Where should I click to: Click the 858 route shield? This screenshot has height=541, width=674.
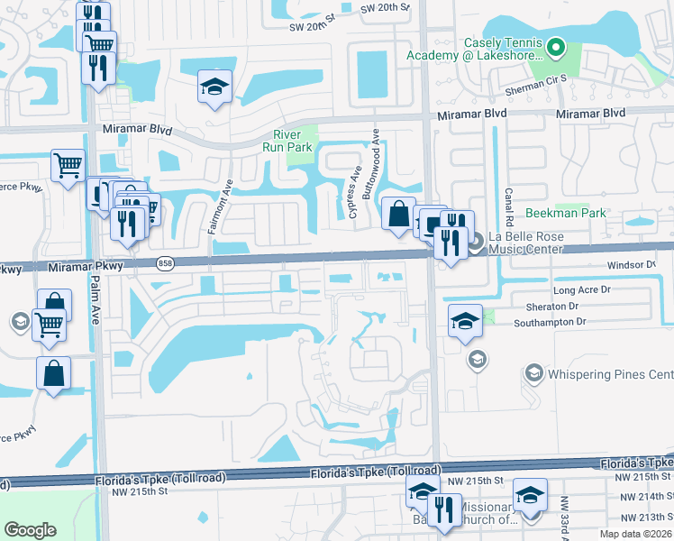pos(164,262)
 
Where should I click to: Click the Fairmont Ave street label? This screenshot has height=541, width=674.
pos(216,206)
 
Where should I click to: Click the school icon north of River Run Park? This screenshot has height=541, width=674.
pos(214,87)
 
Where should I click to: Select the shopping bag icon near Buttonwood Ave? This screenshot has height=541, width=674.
pos(398,214)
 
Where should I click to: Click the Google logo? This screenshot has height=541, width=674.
pos(30,530)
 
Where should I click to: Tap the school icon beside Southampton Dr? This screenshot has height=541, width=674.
pos(464,321)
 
